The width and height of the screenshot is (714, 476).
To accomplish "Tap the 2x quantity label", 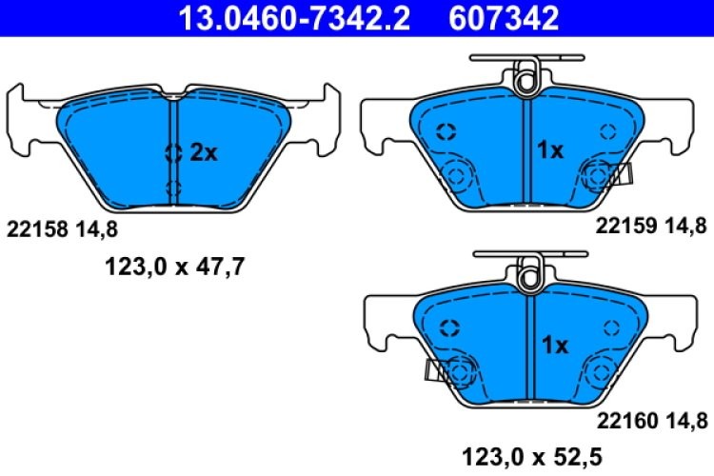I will (x=204, y=152).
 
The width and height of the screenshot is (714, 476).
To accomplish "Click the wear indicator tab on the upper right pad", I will (x=621, y=174).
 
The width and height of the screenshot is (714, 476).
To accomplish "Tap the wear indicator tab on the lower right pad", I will (x=437, y=370).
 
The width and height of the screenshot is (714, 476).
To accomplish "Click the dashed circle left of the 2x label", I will (x=173, y=152).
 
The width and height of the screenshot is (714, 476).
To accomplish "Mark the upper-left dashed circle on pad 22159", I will (x=445, y=133).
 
